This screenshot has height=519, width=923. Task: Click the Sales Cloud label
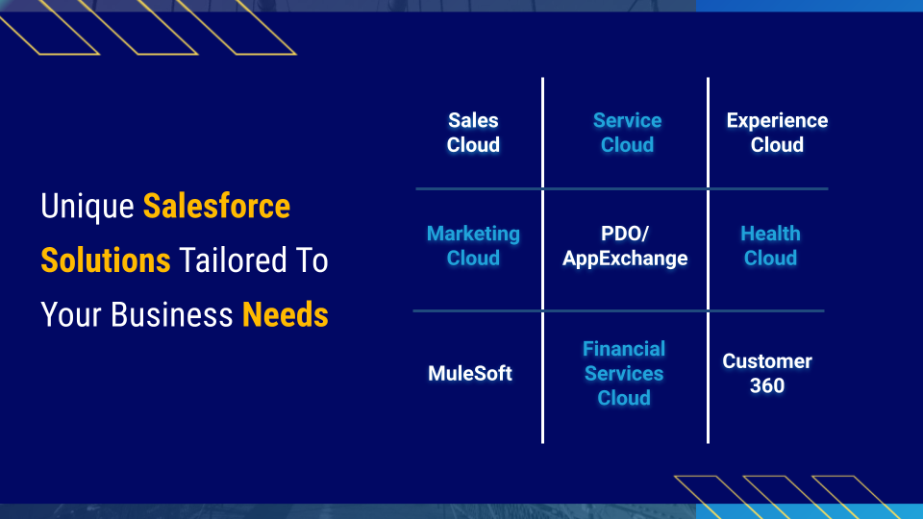[473, 133]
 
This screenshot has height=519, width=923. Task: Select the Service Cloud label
[628, 133]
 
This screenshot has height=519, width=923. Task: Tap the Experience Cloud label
[777, 133]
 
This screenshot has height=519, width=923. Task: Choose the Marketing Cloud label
[473, 245]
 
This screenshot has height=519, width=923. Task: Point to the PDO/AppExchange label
[625, 245]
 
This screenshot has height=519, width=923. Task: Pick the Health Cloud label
[770, 245]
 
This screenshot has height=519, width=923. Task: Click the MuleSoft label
[470, 373]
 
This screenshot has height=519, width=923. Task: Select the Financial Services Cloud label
[624, 373]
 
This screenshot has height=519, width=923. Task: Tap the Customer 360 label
[767, 373]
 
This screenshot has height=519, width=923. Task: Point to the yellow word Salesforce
[216, 206]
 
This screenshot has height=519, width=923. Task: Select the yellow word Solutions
[106, 260]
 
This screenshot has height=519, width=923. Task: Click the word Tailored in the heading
[233, 260]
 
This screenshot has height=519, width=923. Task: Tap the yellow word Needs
[286, 314]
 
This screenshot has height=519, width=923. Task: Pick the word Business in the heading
[172, 314]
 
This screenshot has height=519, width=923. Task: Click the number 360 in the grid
[767, 385]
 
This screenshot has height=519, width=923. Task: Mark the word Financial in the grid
[624, 349]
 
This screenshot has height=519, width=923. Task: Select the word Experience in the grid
[777, 121]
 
